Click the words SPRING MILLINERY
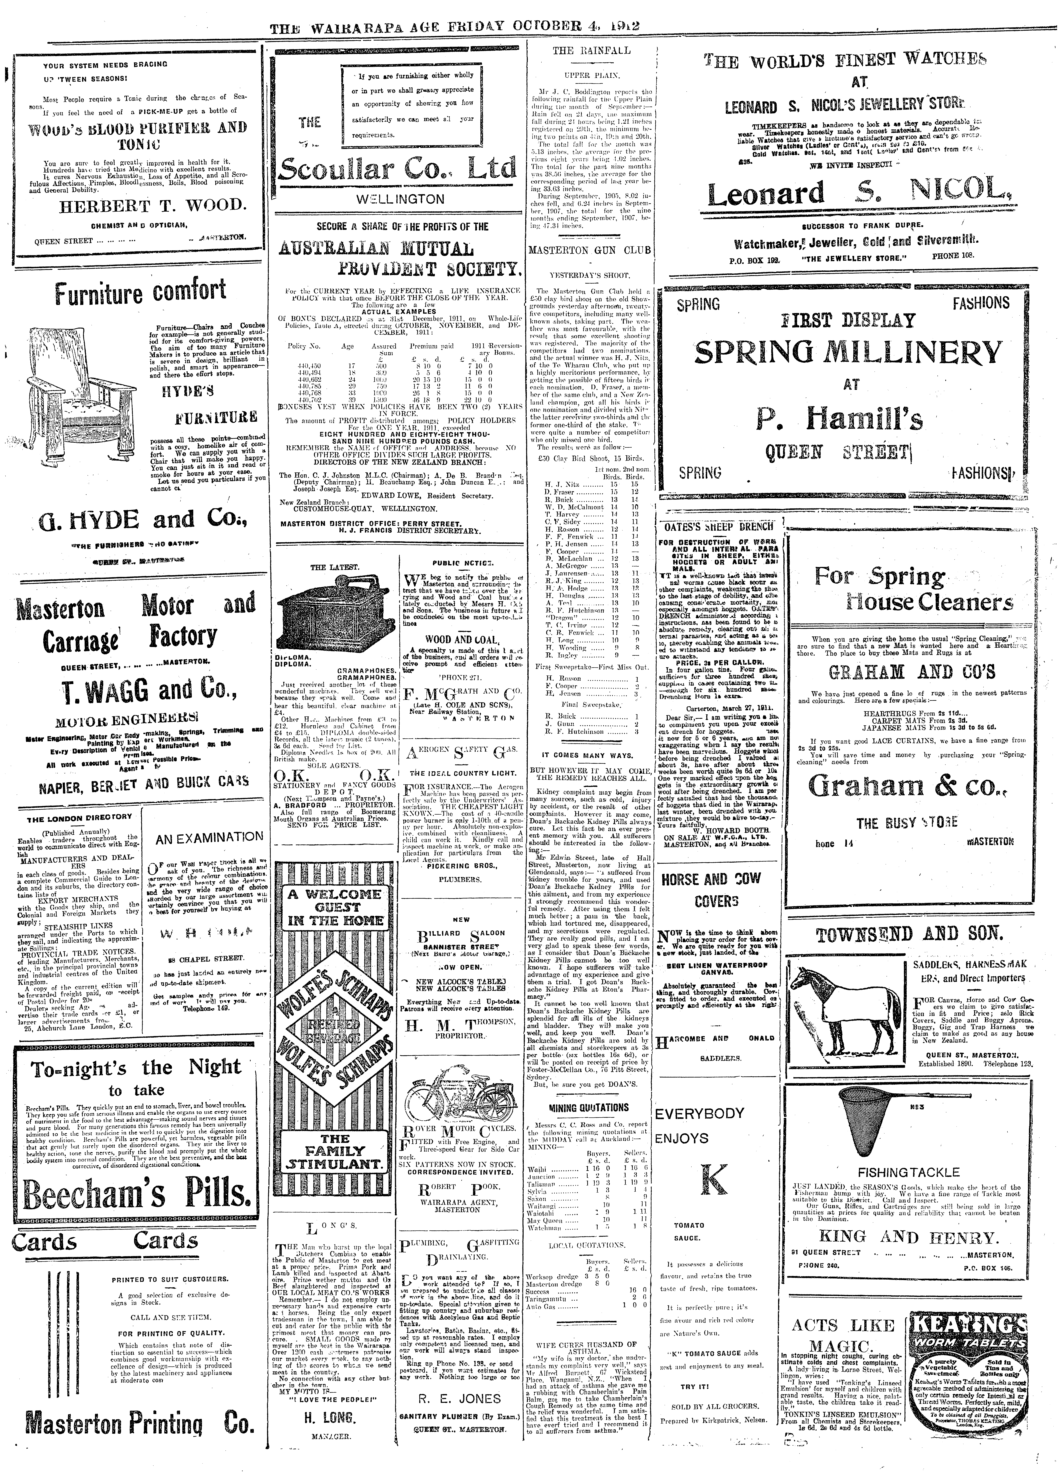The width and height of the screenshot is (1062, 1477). tap(847, 354)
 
